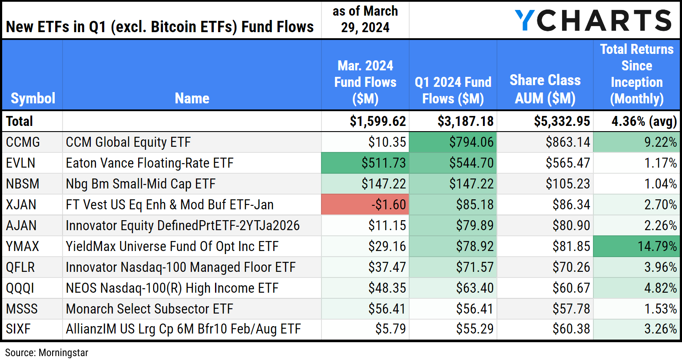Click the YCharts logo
[x=593, y=20]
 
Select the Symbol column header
[x=33, y=98]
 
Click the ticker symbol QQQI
[x=20, y=288]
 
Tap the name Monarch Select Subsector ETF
[x=149, y=309]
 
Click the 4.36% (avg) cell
[x=644, y=121]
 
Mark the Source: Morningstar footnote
[x=46, y=353]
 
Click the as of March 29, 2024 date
[x=365, y=19]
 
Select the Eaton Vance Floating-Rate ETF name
[x=149, y=163]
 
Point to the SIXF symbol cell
[x=18, y=329]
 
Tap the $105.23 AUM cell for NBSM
[x=568, y=184]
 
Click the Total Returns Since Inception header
[x=636, y=74]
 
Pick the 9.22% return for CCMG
[x=660, y=142]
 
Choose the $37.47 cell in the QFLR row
[x=387, y=267]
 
